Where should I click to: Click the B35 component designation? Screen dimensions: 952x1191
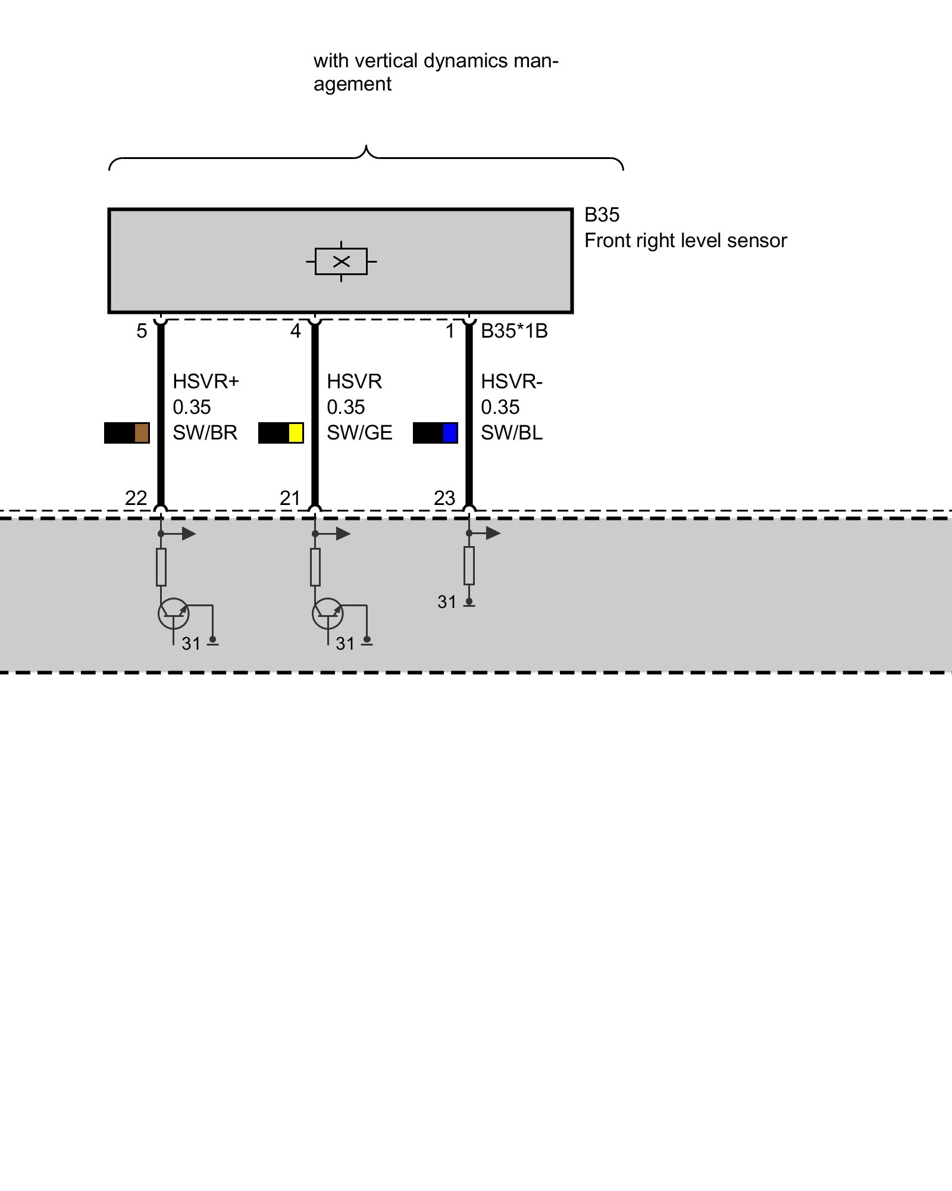click(602, 215)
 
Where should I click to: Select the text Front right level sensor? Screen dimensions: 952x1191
click(685, 241)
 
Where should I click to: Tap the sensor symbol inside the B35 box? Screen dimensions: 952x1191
click(341, 261)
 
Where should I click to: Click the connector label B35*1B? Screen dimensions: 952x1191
click(514, 331)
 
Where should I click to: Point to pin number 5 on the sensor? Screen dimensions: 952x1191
click(142, 331)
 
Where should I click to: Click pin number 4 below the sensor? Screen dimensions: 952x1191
click(296, 331)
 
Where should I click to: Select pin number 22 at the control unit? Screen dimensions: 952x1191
click(136, 498)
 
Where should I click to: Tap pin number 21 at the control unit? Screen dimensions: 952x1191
click(290, 498)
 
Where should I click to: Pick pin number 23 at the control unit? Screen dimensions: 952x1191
click(444, 498)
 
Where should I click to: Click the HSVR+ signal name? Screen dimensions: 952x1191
click(206, 381)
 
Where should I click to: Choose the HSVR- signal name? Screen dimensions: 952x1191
click(512, 381)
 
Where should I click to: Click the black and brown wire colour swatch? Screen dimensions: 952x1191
click(127, 433)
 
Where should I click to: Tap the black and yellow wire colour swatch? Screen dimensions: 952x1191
click(281, 433)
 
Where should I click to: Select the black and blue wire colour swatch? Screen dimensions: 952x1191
click(436, 433)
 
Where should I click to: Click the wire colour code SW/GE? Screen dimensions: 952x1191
click(359, 433)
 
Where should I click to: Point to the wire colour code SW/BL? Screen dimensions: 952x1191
click(512, 433)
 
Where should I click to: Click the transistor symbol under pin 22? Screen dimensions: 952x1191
click(173, 614)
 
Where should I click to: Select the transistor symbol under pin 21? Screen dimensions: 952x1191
click(327, 614)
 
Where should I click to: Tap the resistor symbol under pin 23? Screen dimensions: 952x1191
click(469, 566)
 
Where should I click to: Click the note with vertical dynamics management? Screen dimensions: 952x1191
click(436, 72)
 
